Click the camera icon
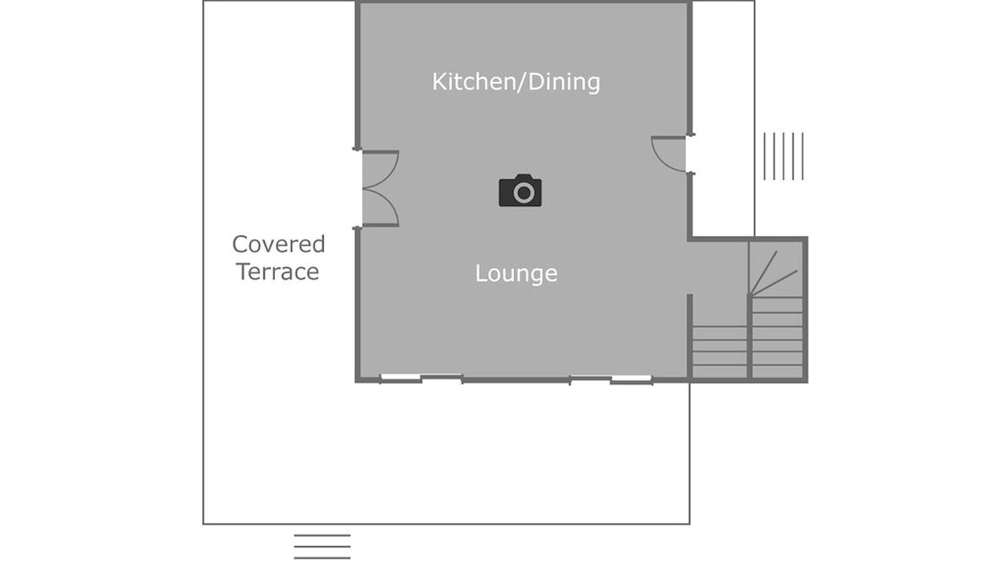click(x=520, y=190)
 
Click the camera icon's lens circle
click(x=523, y=193)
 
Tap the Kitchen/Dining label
click(x=516, y=83)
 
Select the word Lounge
click(x=516, y=274)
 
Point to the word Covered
click(x=278, y=244)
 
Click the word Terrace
click(x=278, y=272)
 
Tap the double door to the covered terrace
click(x=380, y=189)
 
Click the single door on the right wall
click(x=669, y=154)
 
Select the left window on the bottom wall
click(x=421, y=378)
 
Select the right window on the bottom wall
click(x=611, y=379)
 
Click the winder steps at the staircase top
click(x=776, y=270)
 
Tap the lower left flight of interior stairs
click(x=719, y=352)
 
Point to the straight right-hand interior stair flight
click(x=777, y=337)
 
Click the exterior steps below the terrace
click(x=322, y=546)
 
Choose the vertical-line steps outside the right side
click(x=784, y=156)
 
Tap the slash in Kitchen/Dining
click(x=521, y=83)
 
